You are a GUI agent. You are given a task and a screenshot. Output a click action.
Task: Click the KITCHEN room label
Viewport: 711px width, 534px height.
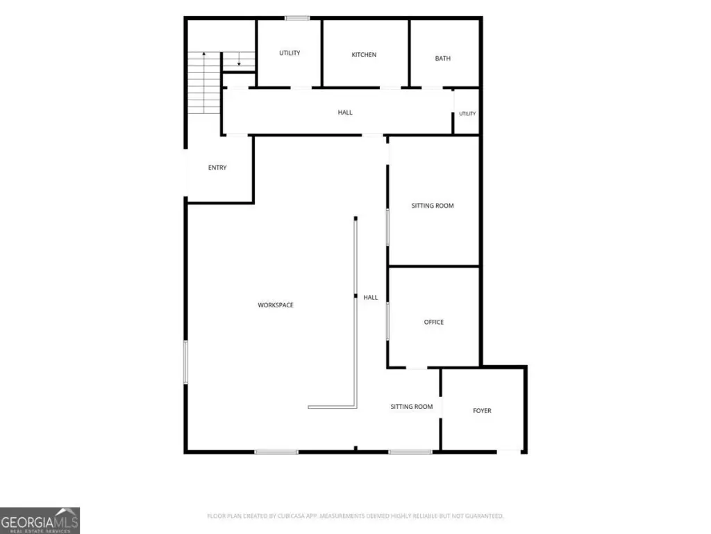[364, 54]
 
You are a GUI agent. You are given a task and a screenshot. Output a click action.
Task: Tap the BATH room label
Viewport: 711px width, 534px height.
[442, 58]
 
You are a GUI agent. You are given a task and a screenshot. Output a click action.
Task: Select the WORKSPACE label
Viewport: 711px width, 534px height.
[275, 305]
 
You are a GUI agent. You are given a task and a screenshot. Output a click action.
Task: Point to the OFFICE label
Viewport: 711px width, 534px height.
[433, 322]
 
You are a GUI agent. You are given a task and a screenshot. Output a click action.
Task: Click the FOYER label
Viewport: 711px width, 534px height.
[482, 410]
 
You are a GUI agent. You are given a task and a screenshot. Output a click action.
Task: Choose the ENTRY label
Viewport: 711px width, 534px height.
[217, 168]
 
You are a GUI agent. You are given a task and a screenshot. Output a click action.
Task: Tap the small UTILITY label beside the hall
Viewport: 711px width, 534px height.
[467, 113]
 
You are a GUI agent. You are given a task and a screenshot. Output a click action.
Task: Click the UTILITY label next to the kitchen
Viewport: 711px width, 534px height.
[290, 53]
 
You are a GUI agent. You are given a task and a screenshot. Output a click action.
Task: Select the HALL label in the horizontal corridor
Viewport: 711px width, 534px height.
[345, 112]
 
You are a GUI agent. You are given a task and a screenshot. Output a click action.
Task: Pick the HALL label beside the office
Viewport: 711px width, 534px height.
[371, 298]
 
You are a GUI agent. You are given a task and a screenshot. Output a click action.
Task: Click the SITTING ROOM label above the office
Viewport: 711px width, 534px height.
[432, 206]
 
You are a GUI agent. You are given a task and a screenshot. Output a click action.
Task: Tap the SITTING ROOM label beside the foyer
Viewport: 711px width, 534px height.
[411, 406]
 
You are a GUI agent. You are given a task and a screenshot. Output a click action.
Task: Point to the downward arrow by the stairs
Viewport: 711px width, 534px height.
[239, 59]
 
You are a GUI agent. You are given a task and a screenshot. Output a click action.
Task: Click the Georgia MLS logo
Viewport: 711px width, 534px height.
[40, 520]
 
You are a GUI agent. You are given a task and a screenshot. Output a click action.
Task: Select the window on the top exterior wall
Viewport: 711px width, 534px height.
[297, 18]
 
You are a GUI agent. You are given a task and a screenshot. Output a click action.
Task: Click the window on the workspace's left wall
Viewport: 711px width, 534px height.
[185, 362]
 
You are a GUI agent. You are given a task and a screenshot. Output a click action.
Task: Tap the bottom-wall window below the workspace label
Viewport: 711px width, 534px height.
[276, 452]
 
